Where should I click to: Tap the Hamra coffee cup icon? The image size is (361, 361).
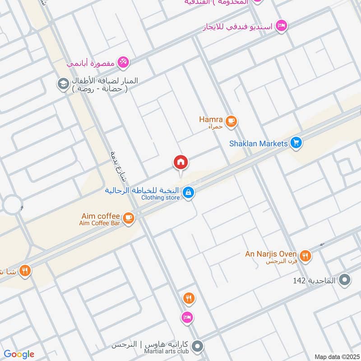pyautogui.click(x=231, y=121)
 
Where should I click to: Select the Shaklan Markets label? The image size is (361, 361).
pyautogui.click(x=259, y=143)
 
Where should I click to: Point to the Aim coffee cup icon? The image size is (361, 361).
pyautogui.click(x=129, y=218)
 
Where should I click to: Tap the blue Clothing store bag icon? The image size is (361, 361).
pyautogui.click(x=188, y=193)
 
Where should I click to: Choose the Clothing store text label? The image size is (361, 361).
pyautogui.click(x=160, y=198)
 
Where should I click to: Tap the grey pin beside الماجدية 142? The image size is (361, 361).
pyautogui.click(x=345, y=281)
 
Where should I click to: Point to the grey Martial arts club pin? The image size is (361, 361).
pyautogui.click(x=197, y=347)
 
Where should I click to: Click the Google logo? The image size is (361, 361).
pyautogui.click(x=19, y=354)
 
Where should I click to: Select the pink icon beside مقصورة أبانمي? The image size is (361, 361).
pyautogui.click(x=123, y=63)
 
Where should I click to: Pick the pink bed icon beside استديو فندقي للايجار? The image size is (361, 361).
pyautogui.click(x=281, y=26)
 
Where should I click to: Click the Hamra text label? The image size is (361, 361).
pyautogui.click(x=211, y=120)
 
